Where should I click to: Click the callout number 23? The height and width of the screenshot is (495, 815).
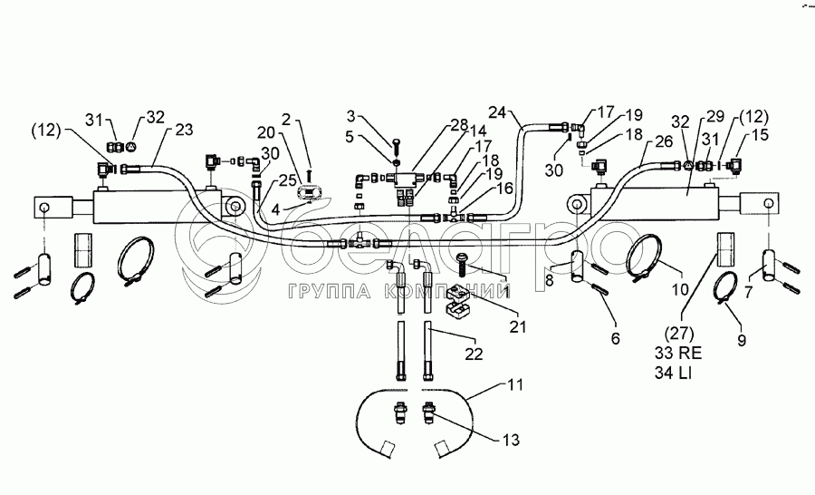pos(184,130)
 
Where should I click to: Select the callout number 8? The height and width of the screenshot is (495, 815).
pos(549,282)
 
